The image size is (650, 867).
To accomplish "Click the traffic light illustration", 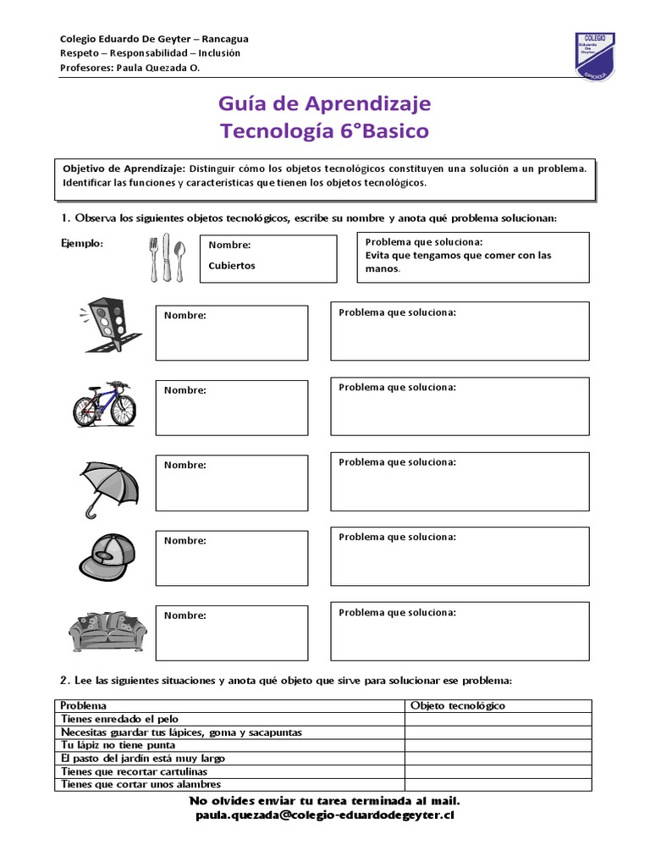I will pyautogui.click(x=106, y=325).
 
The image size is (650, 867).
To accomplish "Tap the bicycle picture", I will pyautogui.click(x=105, y=403).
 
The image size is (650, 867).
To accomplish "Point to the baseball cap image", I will pyautogui.click(x=107, y=555).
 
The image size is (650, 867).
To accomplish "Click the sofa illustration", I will pyautogui.click(x=107, y=631).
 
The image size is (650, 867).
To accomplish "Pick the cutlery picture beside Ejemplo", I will pyautogui.click(x=167, y=258).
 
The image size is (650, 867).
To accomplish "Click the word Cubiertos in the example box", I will pyautogui.click(x=231, y=265).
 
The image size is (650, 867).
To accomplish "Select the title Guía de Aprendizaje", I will pyautogui.click(x=324, y=103).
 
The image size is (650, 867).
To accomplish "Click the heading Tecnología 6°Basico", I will pyautogui.click(x=324, y=131).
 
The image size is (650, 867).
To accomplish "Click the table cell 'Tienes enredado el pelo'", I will pyautogui.click(x=120, y=719).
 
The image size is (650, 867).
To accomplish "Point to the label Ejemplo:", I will pyautogui.click(x=82, y=244).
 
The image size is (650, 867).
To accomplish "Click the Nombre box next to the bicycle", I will pyautogui.click(x=231, y=407).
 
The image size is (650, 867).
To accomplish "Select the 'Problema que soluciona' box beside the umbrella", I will pyautogui.click(x=460, y=482).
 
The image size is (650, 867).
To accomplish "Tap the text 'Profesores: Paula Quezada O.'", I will pyautogui.click(x=130, y=69).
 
